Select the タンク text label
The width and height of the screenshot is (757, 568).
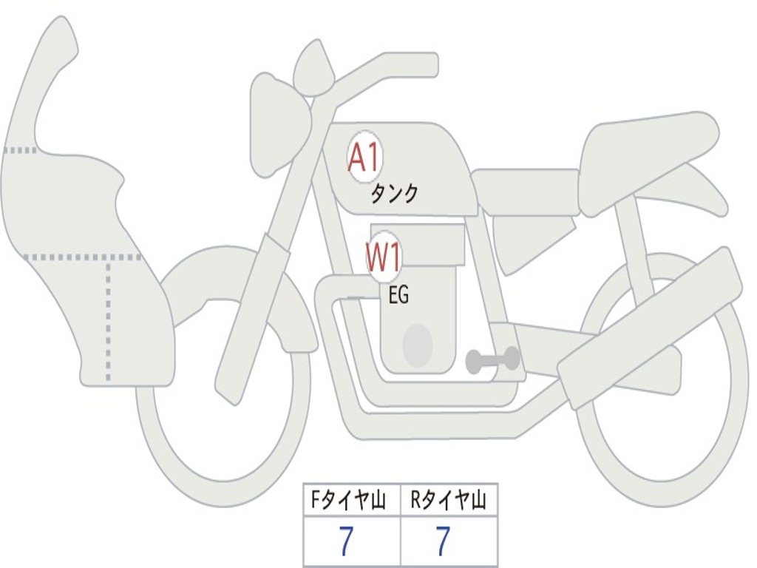[394, 194]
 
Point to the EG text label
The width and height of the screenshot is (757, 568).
[398, 296]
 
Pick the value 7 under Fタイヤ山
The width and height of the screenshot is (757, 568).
[347, 542]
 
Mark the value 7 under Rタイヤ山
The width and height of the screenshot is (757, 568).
[442, 542]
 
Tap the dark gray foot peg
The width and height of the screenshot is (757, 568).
[492, 360]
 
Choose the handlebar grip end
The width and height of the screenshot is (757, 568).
[429, 64]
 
